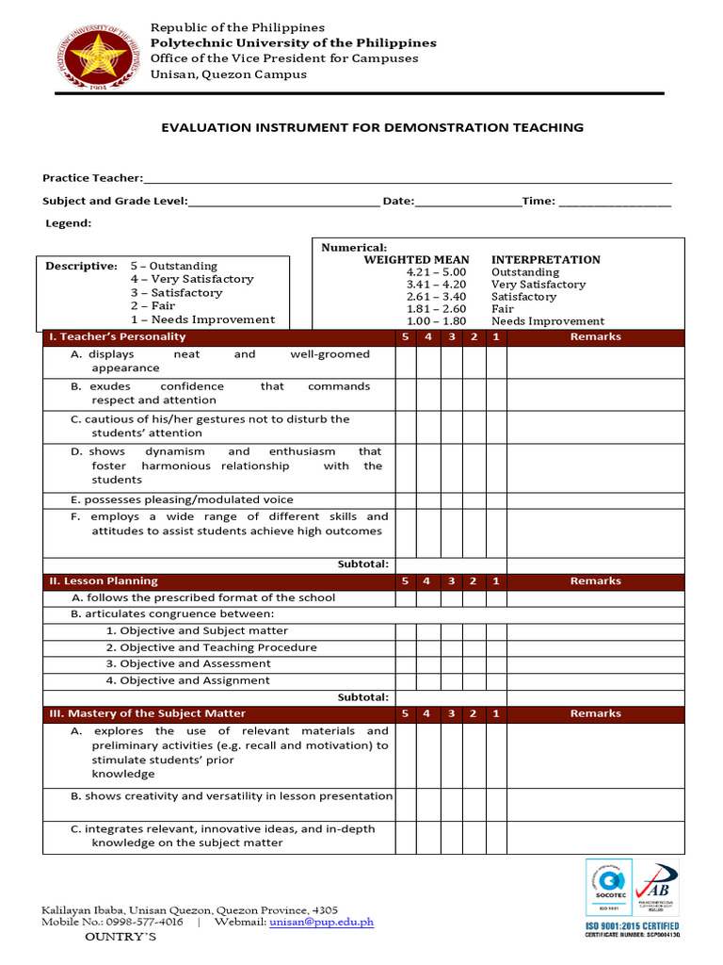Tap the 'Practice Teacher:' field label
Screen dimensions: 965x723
click(x=92, y=178)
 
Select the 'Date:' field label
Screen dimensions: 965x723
click(x=398, y=201)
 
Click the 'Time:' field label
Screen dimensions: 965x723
click(x=538, y=201)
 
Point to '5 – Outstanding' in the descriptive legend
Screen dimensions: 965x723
click(x=173, y=266)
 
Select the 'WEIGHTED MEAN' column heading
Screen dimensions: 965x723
click(x=416, y=259)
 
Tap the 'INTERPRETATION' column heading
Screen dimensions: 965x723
click(x=545, y=259)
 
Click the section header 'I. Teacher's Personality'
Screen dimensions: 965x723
click(x=118, y=336)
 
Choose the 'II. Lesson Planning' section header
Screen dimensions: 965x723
click(x=104, y=581)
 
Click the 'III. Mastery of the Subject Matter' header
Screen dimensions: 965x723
click(x=147, y=713)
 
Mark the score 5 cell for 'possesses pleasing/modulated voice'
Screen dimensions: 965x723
click(x=405, y=499)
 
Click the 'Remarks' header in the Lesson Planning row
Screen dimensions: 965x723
click(x=595, y=581)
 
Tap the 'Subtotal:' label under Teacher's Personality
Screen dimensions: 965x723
click(x=362, y=564)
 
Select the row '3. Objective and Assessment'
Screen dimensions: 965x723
click(x=188, y=663)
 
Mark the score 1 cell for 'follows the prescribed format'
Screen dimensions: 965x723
click(x=496, y=597)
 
